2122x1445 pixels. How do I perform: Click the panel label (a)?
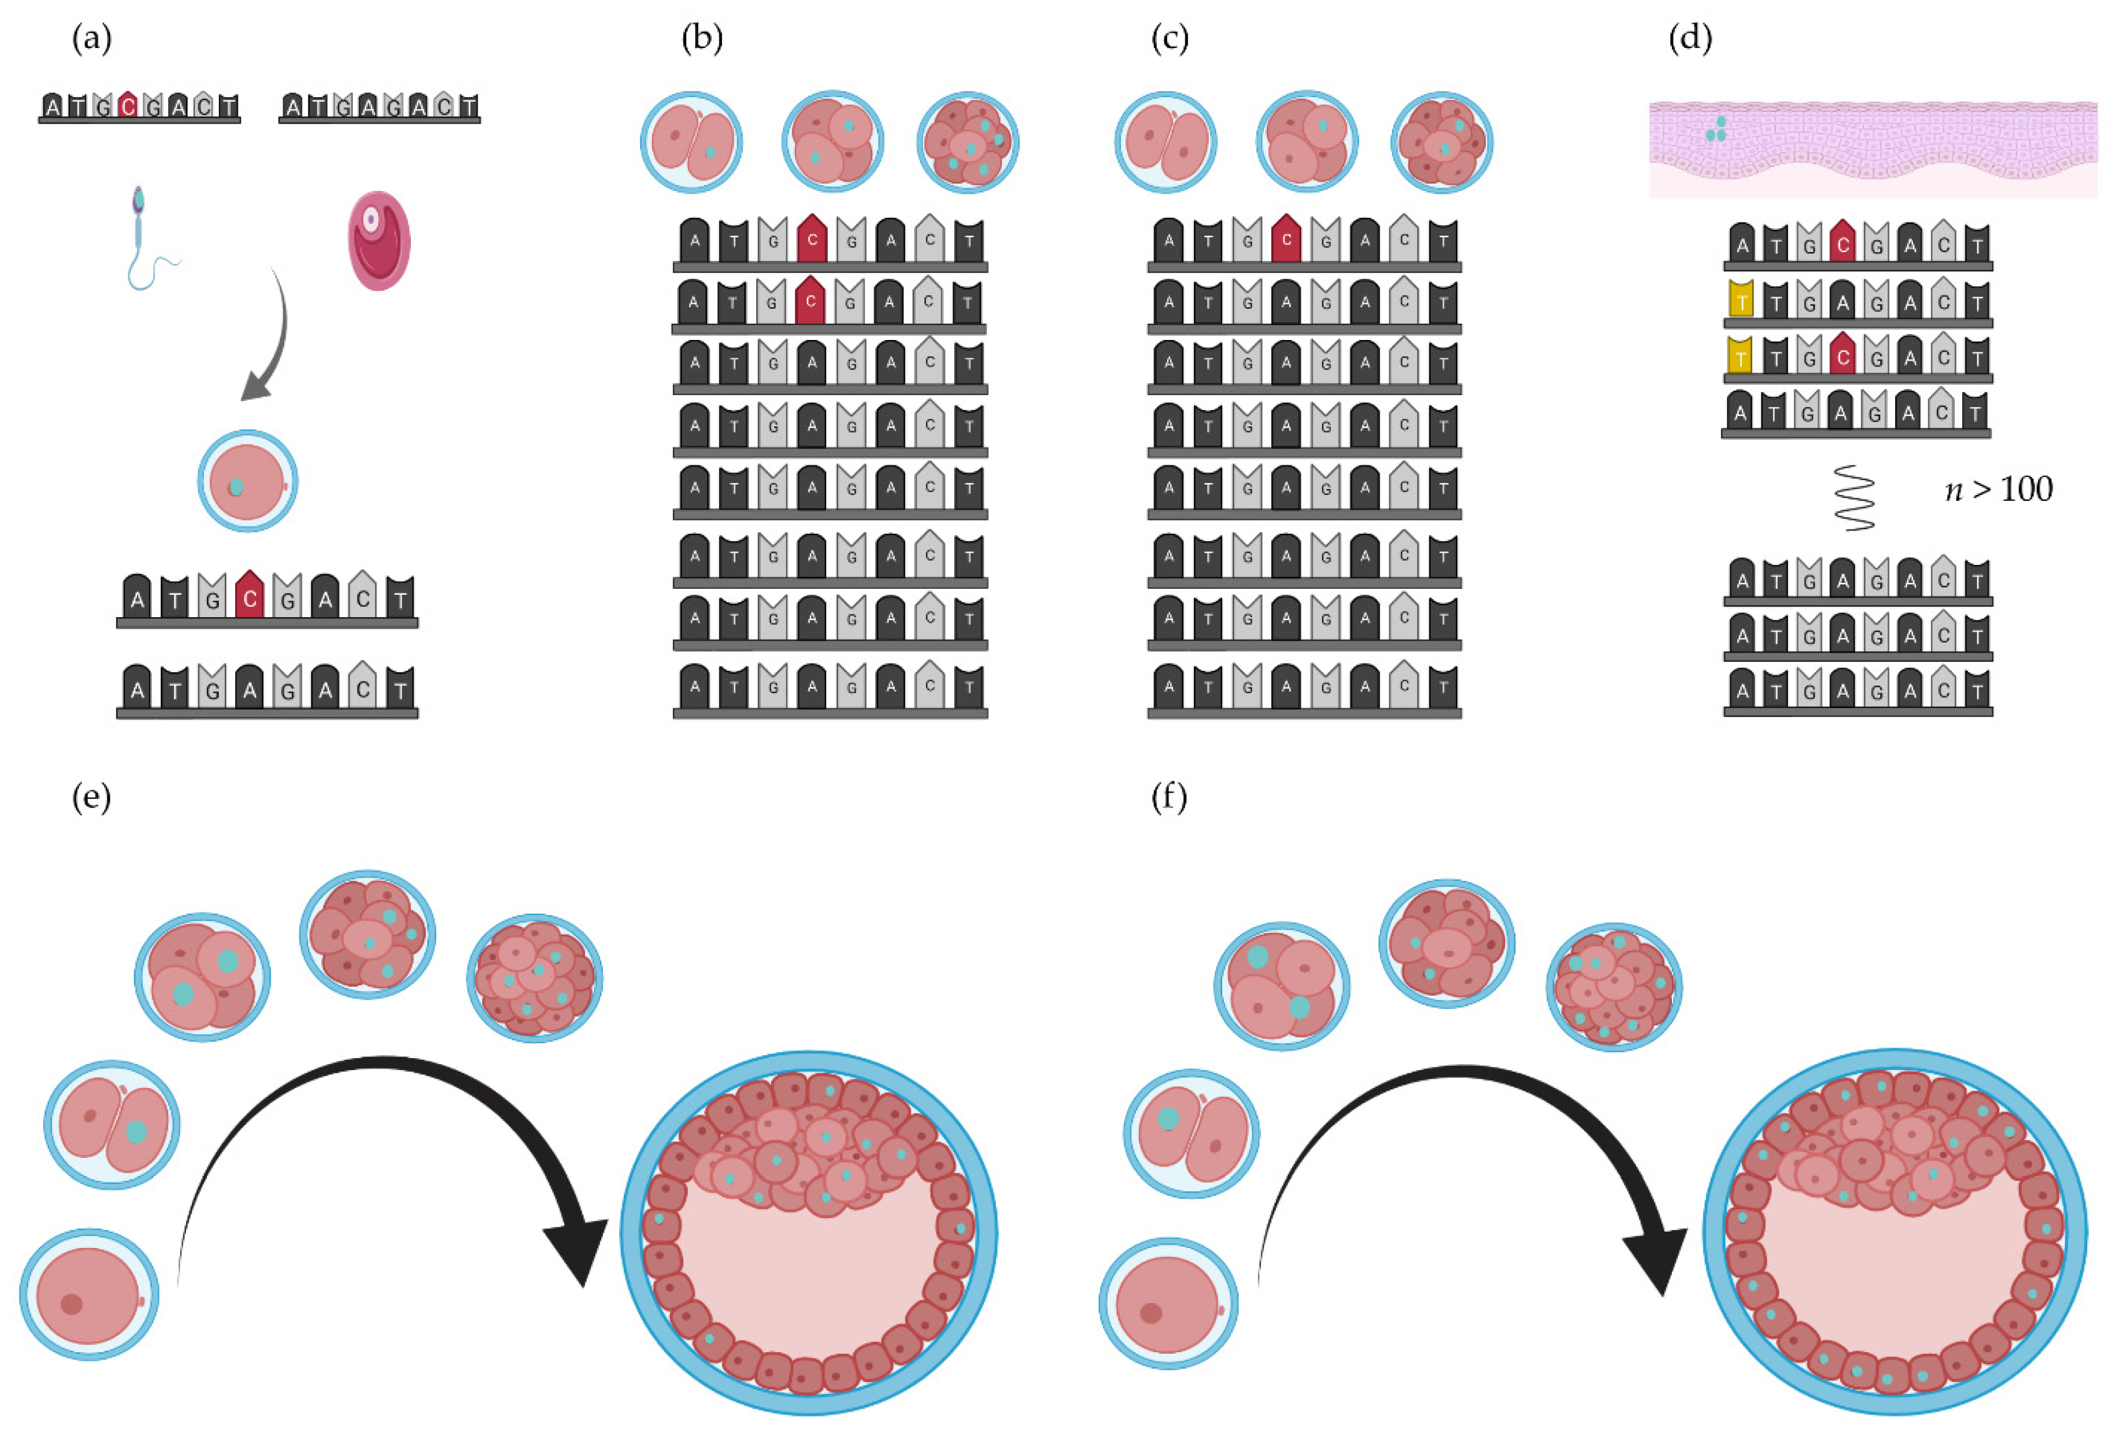pyautogui.click(x=91, y=39)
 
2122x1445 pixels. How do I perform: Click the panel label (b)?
pyautogui.click(x=702, y=39)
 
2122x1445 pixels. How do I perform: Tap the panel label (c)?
pyautogui.click(x=1170, y=39)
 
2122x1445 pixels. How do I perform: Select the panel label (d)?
pyautogui.click(x=1690, y=39)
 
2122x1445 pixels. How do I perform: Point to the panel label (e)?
pyautogui.click(x=91, y=797)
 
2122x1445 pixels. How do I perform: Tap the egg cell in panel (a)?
pyautogui.click(x=379, y=240)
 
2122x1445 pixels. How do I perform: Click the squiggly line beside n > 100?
pyautogui.click(x=1855, y=498)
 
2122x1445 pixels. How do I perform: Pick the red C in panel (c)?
pyautogui.click(x=1287, y=240)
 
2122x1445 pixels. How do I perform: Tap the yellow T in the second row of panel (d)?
pyautogui.click(x=1741, y=301)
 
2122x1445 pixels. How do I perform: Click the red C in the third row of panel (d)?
pyautogui.click(x=1843, y=356)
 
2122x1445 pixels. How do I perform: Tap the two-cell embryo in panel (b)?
pyautogui.click(x=691, y=142)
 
